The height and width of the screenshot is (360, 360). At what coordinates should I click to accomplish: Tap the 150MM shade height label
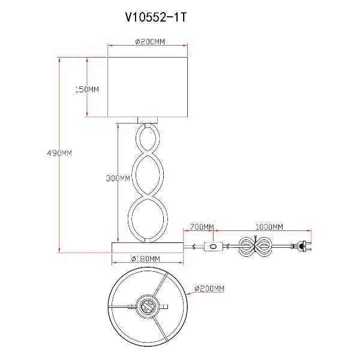(x=86, y=89)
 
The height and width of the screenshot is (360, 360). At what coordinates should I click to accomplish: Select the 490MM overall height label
(x=59, y=153)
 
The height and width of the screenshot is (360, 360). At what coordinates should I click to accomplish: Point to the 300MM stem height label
(x=118, y=179)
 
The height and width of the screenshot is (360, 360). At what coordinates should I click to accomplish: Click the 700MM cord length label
(x=202, y=227)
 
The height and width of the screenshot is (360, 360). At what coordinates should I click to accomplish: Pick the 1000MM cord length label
(x=269, y=227)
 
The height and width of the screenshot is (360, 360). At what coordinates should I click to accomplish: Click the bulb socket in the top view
(x=147, y=307)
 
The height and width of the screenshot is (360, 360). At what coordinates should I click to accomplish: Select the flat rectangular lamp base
(x=148, y=247)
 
